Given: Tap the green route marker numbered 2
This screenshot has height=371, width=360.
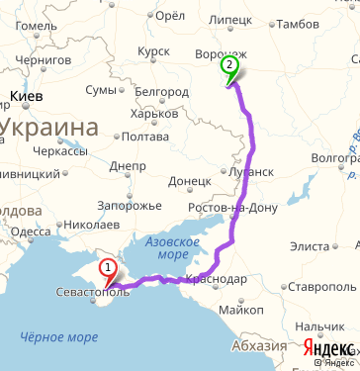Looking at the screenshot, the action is pos(229,66).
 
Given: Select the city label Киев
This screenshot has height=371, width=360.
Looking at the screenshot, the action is pos(26,97).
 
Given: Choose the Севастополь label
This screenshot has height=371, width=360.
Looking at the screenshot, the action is pos(88,293).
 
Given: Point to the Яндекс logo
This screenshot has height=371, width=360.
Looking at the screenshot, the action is pos(328,348).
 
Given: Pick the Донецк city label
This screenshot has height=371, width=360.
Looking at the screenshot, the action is pos(189,181).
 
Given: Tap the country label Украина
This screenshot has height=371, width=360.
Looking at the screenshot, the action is pos(50,127).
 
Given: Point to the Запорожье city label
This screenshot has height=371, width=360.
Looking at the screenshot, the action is pos(129,206).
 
